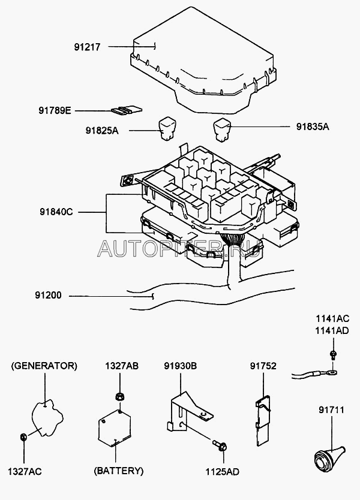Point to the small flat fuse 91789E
(x=128, y=110)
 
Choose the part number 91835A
(x=313, y=126)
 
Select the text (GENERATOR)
(x=44, y=365)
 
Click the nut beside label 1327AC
(x=23, y=436)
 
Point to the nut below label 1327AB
(x=119, y=396)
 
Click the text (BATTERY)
(x=118, y=470)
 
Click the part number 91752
(x=262, y=365)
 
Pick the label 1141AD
(x=332, y=331)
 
